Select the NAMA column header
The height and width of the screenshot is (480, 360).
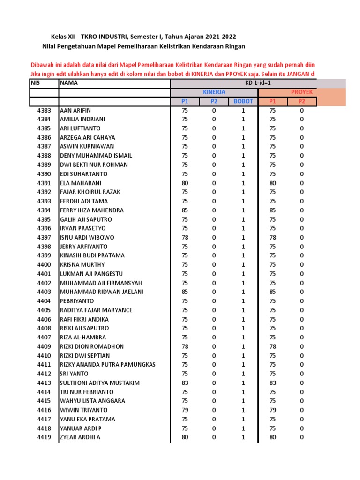(x=69, y=83)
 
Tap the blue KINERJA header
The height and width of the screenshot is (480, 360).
(x=214, y=92)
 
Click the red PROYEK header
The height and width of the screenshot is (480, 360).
(x=301, y=92)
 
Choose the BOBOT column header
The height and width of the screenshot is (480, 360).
(x=243, y=101)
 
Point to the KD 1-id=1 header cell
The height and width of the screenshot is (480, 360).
(x=258, y=83)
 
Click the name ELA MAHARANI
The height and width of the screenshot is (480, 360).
(x=81, y=183)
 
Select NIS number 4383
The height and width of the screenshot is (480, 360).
(x=44, y=110)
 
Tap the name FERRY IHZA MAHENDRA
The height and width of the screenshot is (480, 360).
(x=92, y=210)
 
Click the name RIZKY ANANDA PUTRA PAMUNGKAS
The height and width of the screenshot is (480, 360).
(x=107, y=364)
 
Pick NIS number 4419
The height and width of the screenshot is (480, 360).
(x=44, y=437)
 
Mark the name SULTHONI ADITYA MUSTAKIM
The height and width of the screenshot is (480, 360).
(x=99, y=382)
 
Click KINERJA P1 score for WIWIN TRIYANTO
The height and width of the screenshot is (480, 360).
(x=185, y=410)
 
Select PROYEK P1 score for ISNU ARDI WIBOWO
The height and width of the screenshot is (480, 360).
(x=273, y=237)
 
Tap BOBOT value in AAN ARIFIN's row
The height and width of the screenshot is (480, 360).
(x=243, y=110)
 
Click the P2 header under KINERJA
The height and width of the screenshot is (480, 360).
(x=214, y=101)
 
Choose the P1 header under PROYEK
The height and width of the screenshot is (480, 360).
(x=273, y=101)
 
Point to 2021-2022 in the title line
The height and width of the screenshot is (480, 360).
(x=218, y=37)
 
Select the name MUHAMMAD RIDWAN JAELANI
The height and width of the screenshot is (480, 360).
(x=102, y=292)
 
